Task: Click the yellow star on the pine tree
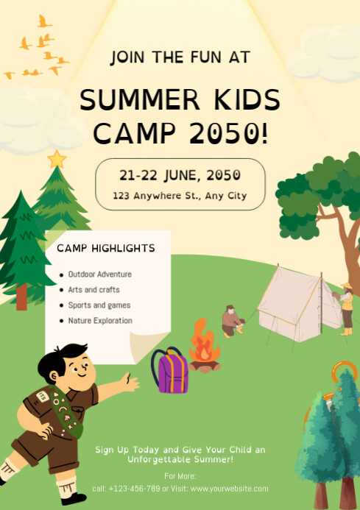pos(57,158)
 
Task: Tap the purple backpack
pos(171,372)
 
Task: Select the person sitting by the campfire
pos(232,322)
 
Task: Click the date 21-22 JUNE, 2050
pos(180,175)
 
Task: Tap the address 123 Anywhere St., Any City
pos(180,196)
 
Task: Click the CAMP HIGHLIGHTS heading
pos(106,248)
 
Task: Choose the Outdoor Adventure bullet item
pos(100,275)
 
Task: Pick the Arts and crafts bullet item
pos(93,290)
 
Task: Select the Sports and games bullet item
pos(99,305)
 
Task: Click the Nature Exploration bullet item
pos(100,321)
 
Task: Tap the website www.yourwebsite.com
pos(229,489)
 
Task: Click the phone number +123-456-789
pos(134,489)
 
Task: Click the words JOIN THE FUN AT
pos(180,57)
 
